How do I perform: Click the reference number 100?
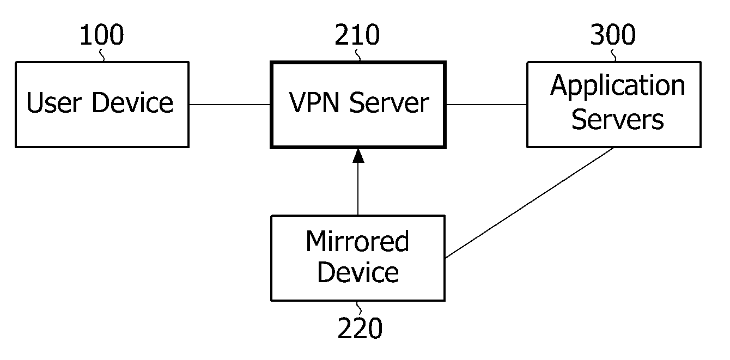(x=102, y=34)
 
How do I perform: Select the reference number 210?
(x=357, y=34)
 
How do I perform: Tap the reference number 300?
(x=613, y=34)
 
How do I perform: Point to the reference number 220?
(x=360, y=328)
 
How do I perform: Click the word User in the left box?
(x=54, y=102)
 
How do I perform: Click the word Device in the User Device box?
(x=132, y=102)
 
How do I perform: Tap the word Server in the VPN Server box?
(x=389, y=102)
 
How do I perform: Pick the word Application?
(x=618, y=86)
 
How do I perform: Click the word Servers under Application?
(x=618, y=120)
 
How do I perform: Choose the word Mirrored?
(x=357, y=241)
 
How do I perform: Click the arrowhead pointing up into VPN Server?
(x=358, y=156)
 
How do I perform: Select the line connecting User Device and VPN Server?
(x=230, y=105)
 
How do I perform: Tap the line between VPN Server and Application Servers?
(x=486, y=105)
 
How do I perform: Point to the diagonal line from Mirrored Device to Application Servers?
(x=530, y=203)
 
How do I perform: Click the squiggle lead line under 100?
(x=102, y=55)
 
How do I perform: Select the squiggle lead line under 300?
(x=613, y=55)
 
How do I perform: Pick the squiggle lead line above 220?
(x=359, y=308)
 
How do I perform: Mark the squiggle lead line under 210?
(x=358, y=55)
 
